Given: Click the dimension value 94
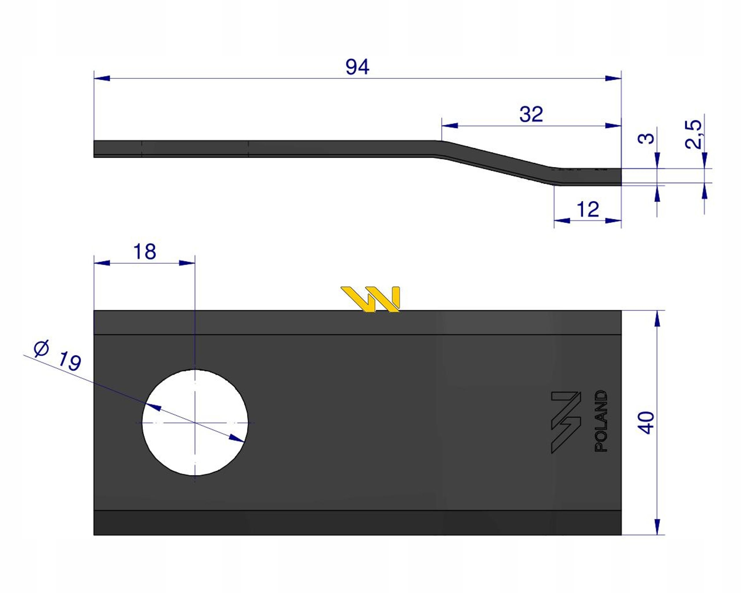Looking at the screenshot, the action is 357,67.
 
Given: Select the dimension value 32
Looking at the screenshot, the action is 531,114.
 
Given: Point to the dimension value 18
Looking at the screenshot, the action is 145,252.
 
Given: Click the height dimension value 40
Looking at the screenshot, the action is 646,422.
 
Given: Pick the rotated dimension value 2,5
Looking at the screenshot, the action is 693,134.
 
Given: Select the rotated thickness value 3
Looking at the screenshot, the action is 646,138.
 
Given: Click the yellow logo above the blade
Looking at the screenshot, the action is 370,299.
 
